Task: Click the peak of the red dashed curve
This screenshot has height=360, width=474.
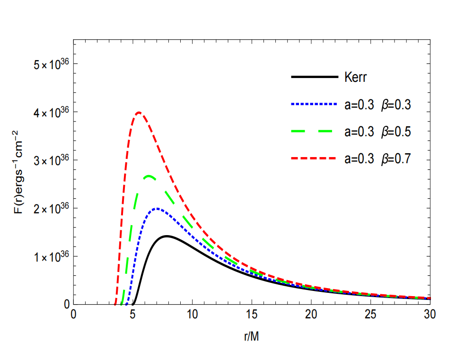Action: [x=139, y=113]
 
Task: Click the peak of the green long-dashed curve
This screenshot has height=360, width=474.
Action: [x=149, y=176]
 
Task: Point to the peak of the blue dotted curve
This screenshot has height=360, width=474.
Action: [x=157, y=208]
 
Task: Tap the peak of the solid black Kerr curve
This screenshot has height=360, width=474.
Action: [x=167, y=236]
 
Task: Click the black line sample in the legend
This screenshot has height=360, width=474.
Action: [x=314, y=77]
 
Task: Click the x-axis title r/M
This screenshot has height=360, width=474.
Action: [x=251, y=337]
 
